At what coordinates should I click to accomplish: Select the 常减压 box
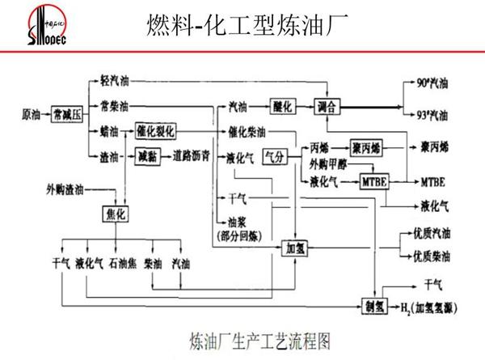pos(67,114)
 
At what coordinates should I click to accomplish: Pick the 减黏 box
pos(147,155)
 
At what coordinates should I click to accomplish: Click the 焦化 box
pos(116,213)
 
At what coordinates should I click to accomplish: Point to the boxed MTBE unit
pos(375,181)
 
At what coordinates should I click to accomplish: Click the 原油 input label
pos(31,114)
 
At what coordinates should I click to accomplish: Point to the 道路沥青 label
pos(192,155)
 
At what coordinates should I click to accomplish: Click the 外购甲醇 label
pos(327,164)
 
